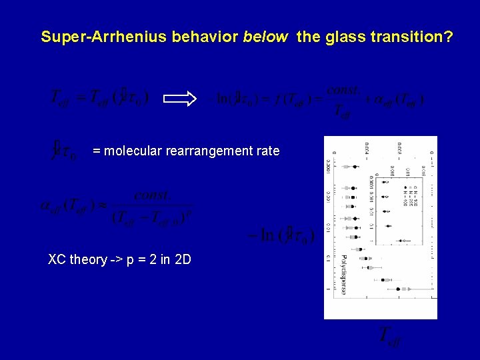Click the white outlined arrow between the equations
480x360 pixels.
click(x=179, y=99)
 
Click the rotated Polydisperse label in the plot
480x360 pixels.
click(x=344, y=273)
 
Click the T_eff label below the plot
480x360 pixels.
click(x=391, y=337)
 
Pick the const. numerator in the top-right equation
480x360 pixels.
click(x=345, y=90)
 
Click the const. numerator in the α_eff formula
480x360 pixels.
click(x=151, y=195)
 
